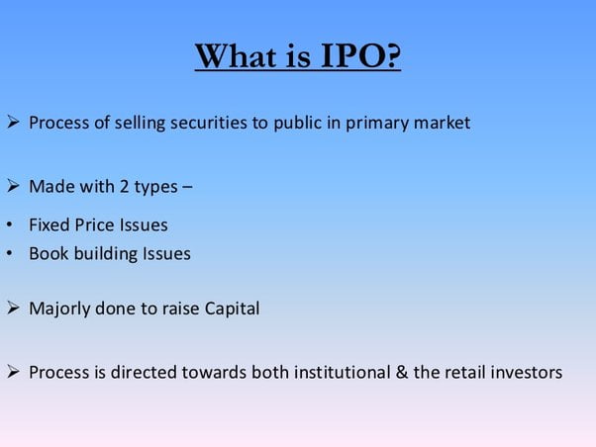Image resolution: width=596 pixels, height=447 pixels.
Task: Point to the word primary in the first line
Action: tap(368, 124)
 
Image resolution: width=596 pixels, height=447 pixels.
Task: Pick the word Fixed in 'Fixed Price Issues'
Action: tap(49, 224)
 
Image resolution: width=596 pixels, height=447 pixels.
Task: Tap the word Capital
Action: tap(229, 309)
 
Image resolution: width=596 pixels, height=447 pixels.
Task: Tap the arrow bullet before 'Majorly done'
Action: tap(13, 309)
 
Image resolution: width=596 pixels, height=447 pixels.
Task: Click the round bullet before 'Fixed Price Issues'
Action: tap(9, 225)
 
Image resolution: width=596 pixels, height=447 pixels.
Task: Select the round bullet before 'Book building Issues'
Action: tap(9, 254)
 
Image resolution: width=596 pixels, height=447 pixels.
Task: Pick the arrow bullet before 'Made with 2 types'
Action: tap(13, 186)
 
